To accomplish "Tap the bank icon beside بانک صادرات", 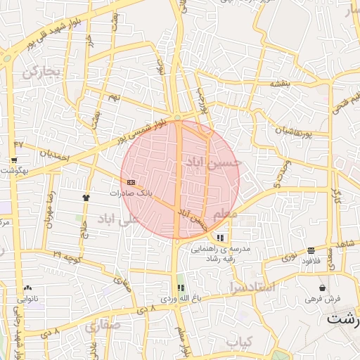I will [x=131, y=181].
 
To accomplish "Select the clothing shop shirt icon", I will [x=86, y=198].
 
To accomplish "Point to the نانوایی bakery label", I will [x=27, y=298].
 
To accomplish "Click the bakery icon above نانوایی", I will [x=27, y=288].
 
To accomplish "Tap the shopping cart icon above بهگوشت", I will [x=14, y=160].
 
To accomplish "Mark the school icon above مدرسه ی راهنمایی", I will [x=221, y=238].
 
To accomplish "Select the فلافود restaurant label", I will [x=311, y=261].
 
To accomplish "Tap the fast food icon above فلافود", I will [x=311, y=250].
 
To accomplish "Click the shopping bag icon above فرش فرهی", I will [x=322, y=288].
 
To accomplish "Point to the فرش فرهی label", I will [x=323, y=298].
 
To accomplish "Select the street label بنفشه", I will [x=281, y=83].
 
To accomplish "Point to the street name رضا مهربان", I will [x=51, y=207].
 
